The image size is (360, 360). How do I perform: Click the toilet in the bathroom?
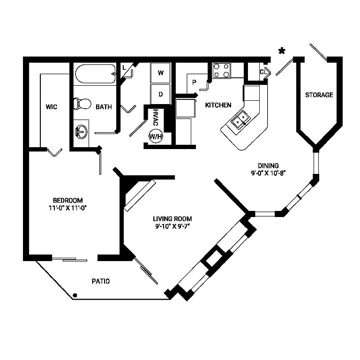point(82,104)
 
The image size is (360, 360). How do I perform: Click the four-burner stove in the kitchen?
point(221,70)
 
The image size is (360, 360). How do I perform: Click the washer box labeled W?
point(160,73)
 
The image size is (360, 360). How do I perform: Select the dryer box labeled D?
point(160,94)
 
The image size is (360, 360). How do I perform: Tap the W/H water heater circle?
point(155,136)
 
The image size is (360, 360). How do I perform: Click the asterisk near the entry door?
point(282,52)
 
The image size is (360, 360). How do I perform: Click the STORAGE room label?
point(319,95)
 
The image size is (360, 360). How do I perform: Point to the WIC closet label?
point(52,107)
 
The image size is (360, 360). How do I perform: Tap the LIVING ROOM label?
point(172,218)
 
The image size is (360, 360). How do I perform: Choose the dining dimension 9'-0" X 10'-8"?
point(268,172)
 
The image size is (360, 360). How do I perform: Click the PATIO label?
point(100,281)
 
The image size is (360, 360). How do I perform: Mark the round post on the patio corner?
point(75,295)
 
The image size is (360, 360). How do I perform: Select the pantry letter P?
point(194,82)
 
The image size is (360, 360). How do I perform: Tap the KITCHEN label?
point(218,105)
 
